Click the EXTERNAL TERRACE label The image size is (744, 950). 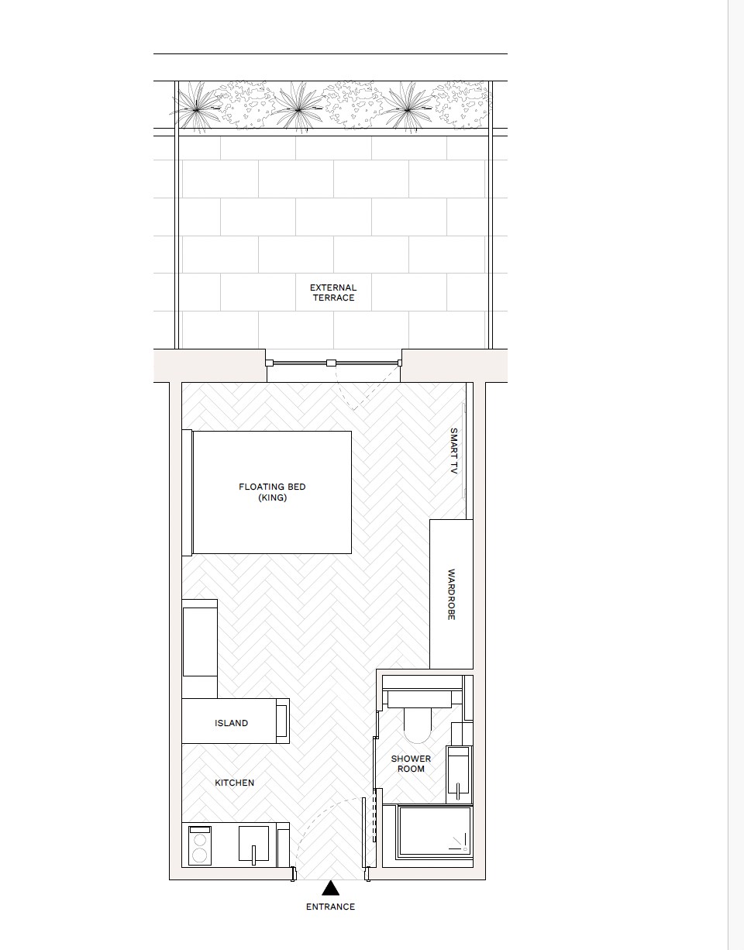333,293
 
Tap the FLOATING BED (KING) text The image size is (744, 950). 272,492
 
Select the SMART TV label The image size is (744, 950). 454,451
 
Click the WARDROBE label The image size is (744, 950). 451,594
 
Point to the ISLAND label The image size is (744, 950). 231,723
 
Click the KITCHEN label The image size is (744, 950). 234,783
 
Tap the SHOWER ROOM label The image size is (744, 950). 411,763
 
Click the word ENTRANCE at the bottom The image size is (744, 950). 330,907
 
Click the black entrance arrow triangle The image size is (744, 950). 330,889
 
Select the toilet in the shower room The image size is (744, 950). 417,717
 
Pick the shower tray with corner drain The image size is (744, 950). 434,831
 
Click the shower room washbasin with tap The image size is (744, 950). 459,775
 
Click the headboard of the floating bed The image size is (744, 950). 187,492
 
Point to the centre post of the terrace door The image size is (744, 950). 330,363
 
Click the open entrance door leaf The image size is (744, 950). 363,833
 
